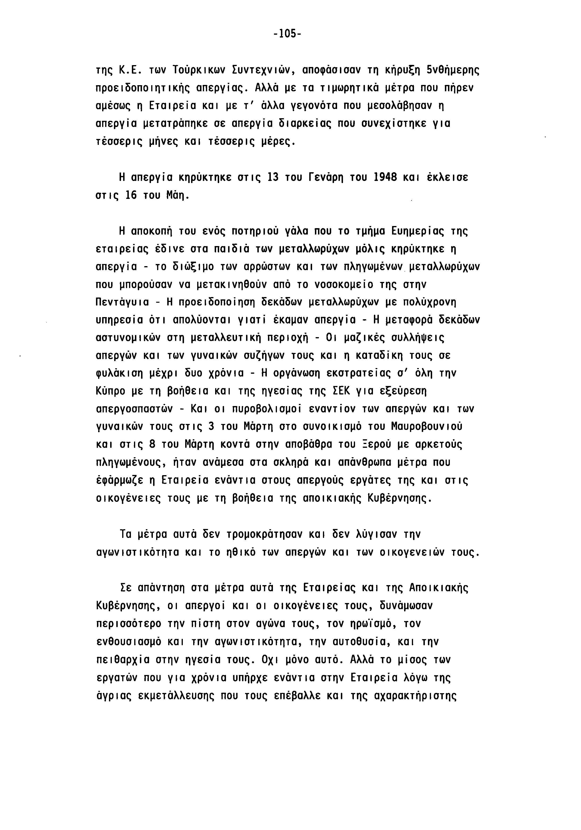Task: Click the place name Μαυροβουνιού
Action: point(427,427)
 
